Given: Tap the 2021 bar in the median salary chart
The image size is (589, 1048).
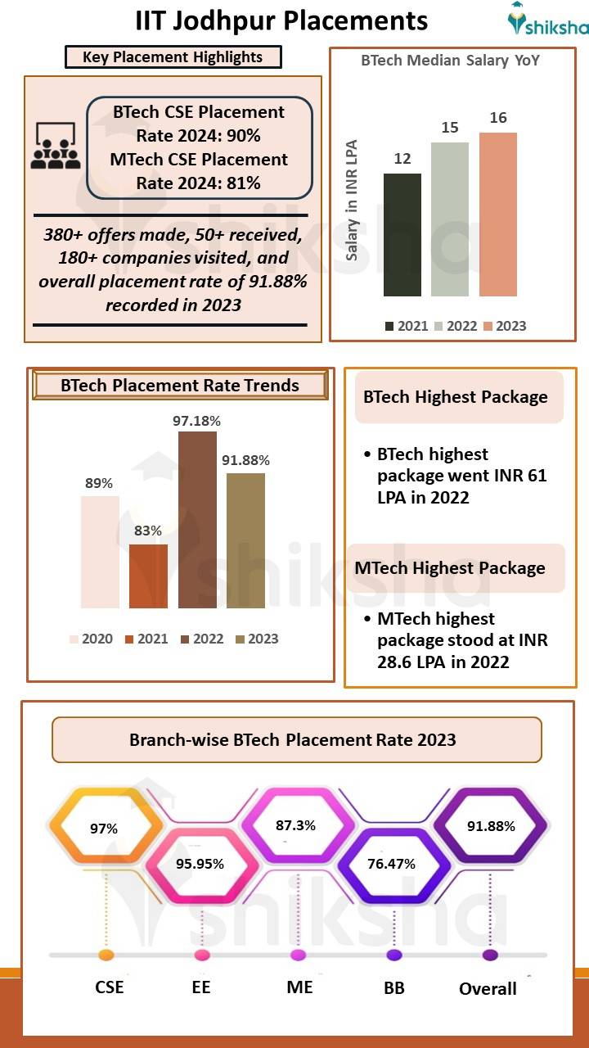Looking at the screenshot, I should point(402,234).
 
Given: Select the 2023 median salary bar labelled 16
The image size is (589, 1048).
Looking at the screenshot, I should point(498,214).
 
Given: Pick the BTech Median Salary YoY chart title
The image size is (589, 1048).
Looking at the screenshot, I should point(450,61).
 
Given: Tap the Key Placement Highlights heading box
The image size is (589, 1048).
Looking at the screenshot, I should point(173,57).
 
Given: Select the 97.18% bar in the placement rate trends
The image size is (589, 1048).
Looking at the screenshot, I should point(197,520).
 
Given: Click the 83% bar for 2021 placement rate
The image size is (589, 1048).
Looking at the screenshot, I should point(148,576).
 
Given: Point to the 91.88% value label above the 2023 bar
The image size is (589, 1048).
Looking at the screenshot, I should point(245,460).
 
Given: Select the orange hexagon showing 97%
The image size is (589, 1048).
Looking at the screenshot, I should point(104,829).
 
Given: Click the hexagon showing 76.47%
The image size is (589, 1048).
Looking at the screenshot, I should point(391,864).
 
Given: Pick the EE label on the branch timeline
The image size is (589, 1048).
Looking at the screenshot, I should point(201,987).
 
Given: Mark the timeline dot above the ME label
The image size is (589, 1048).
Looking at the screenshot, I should point(298,955).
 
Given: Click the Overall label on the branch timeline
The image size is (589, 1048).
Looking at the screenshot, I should point(488,988).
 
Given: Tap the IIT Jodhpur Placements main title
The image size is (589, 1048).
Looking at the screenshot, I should point(281,20).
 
